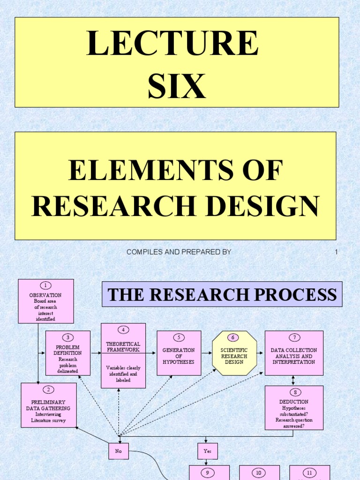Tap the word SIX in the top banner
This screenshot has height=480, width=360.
click(x=177, y=86)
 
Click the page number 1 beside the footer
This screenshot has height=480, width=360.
click(x=336, y=252)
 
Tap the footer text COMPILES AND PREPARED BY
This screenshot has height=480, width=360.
click(x=179, y=252)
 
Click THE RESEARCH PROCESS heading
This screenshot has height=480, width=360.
click(x=222, y=294)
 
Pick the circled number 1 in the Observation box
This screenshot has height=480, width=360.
click(x=45, y=285)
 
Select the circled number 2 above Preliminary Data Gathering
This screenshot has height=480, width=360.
click(x=48, y=390)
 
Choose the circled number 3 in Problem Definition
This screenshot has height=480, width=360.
click(x=67, y=337)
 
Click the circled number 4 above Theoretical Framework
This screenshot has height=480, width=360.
click(x=123, y=330)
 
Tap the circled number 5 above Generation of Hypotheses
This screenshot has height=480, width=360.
click(x=179, y=337)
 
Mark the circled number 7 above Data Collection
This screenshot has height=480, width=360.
click(x=294, y=337)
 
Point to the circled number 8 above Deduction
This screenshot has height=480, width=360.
click(x=294, y=392)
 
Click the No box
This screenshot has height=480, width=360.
click(x=119, y=451)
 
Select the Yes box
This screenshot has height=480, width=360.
click(x=207, y=451)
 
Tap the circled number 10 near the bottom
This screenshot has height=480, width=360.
click(x=259, y=472)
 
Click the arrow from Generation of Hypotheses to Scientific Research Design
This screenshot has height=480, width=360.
click(x=207, y=353)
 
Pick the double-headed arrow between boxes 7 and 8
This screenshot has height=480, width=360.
click(x=294, y=380)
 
